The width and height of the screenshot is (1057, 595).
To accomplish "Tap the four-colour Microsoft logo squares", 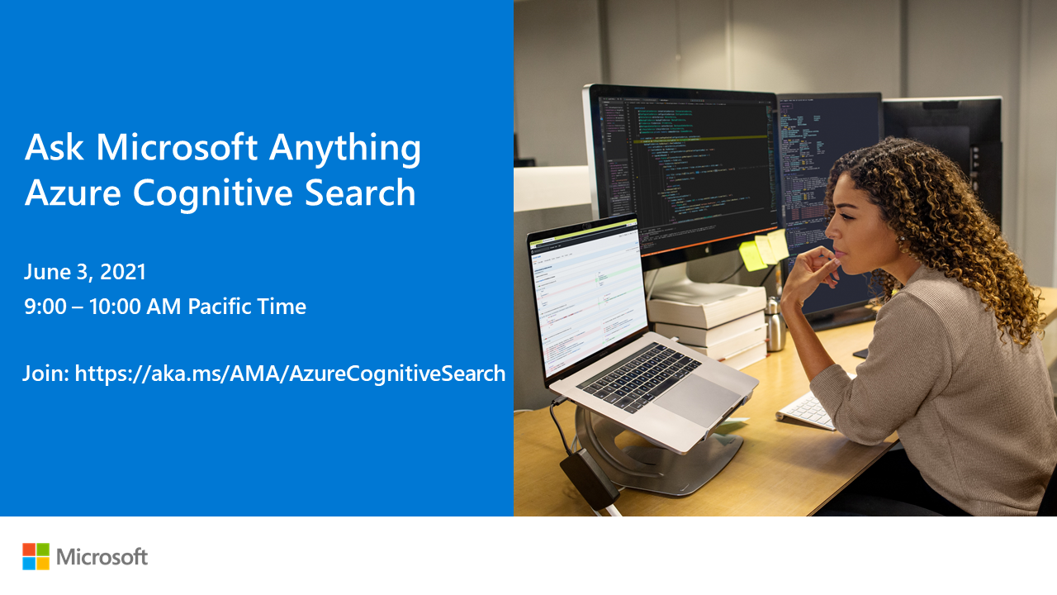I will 36,556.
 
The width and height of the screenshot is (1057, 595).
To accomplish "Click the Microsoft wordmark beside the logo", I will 102,556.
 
